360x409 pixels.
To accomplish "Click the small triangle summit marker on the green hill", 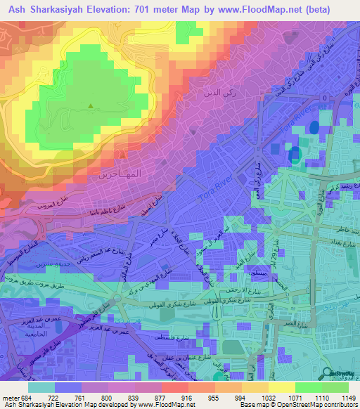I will tap(90, 107).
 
